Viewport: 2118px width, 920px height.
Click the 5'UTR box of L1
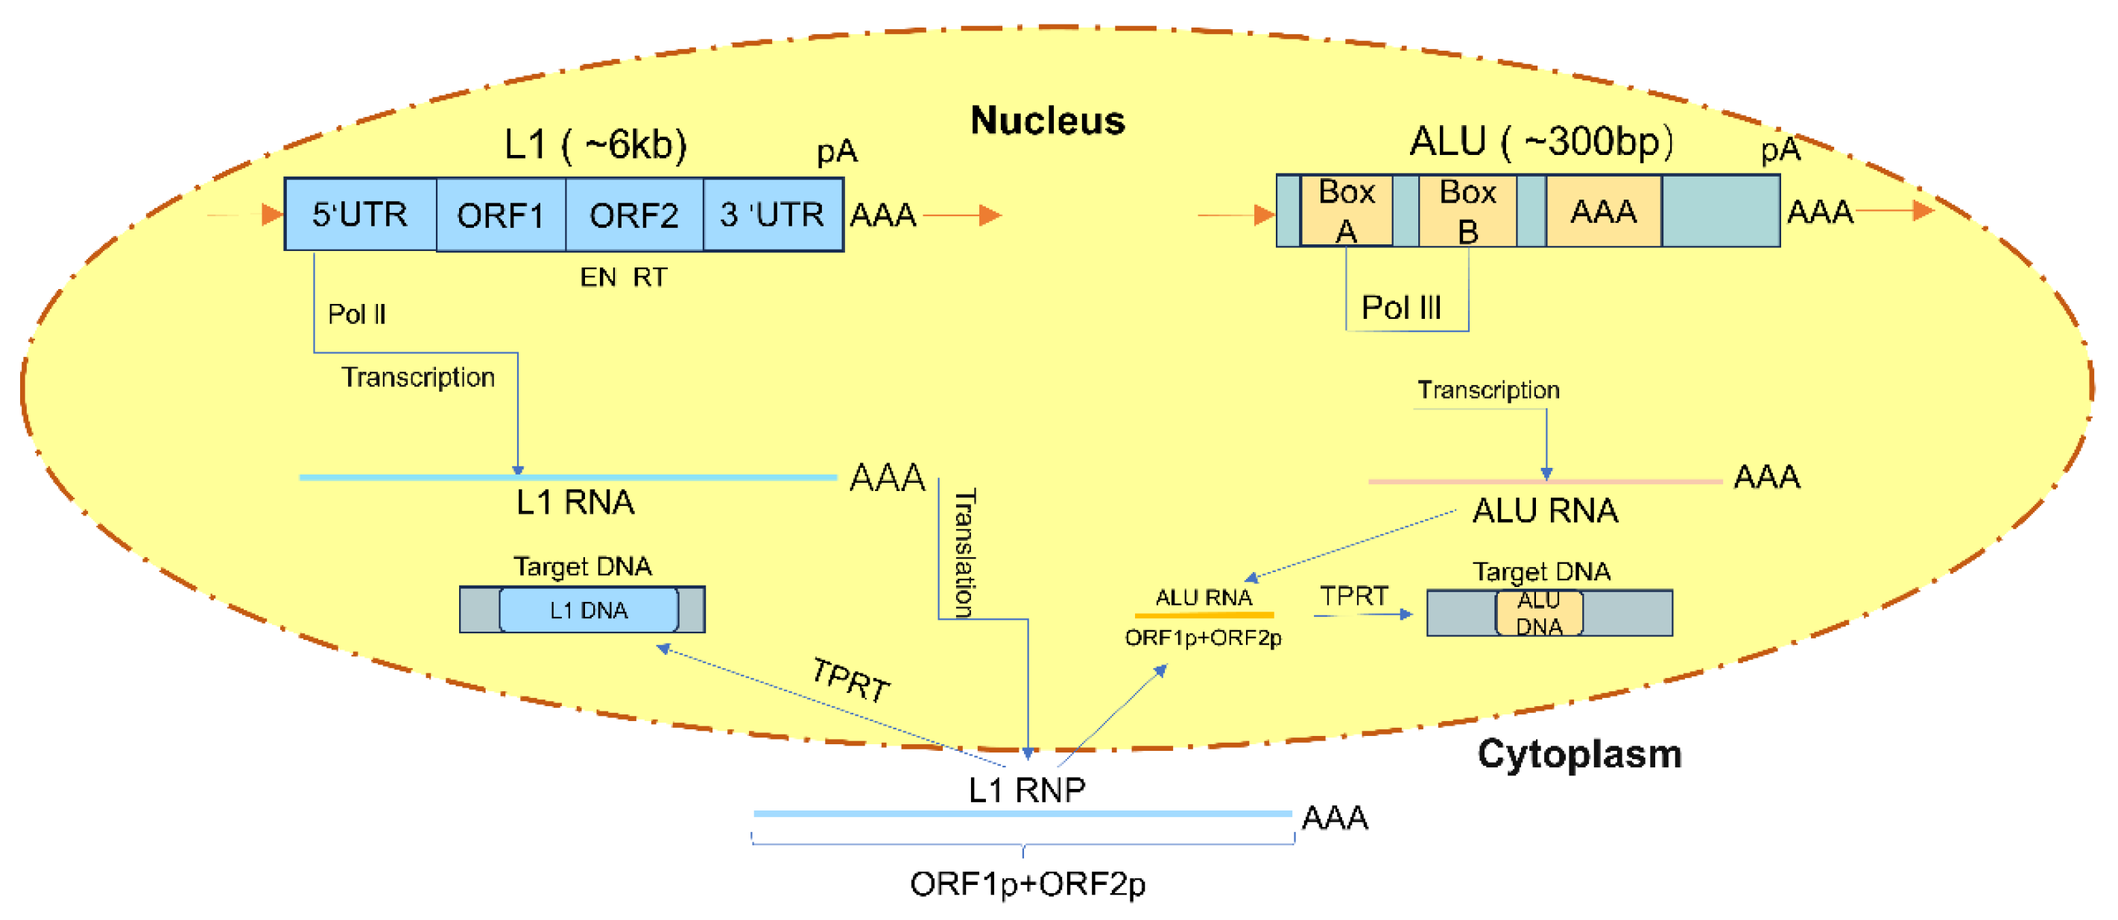coord(360,215)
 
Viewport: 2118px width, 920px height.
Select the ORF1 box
coord(501,215)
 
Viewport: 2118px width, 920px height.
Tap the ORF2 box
coord(634,215)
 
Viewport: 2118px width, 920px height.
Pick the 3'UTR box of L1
coord(773,215)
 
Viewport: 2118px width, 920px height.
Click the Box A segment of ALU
coord(1346,212)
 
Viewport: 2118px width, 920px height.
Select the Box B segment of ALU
coord(1467,212)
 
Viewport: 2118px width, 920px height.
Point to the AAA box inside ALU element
coord(1603,212)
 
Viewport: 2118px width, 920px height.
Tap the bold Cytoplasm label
coord(1578,753)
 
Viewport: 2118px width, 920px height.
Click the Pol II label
coord(356,314)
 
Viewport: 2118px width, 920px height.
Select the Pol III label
coord(1401,308)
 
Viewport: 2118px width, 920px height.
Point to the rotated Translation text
coord(964,553)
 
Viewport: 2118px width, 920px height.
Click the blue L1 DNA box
coord(589,610)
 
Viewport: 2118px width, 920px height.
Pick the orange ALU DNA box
coord(1538,613)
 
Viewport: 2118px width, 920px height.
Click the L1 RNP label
coord(1026,790)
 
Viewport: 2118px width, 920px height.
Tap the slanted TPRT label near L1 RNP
coord(850,681)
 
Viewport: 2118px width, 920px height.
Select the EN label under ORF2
coord(598,278)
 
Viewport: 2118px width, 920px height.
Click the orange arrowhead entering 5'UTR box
coord(272,215)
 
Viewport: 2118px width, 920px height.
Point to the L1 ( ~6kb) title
coord(595,145)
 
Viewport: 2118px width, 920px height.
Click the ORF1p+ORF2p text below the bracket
coord(1027,883)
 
